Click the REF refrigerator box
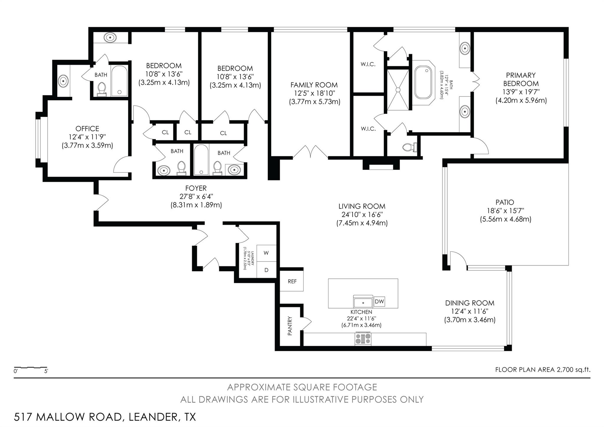click(292, 281)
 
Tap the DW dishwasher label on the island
click(379, 302)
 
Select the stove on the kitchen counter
click(363, 338)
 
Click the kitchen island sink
click(363, 302)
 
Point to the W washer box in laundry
click(266, 253)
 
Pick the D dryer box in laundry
click(266, 270)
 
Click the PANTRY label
click(290, 326)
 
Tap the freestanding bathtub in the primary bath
click(425, 83)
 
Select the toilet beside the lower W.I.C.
click(411, 147)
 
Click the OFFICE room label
click(87, 129)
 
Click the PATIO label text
click(505, 202)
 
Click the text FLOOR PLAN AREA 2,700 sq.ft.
click(543, 370)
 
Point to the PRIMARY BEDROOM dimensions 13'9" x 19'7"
click(521, 92)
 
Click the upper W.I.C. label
click(368, 64)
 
